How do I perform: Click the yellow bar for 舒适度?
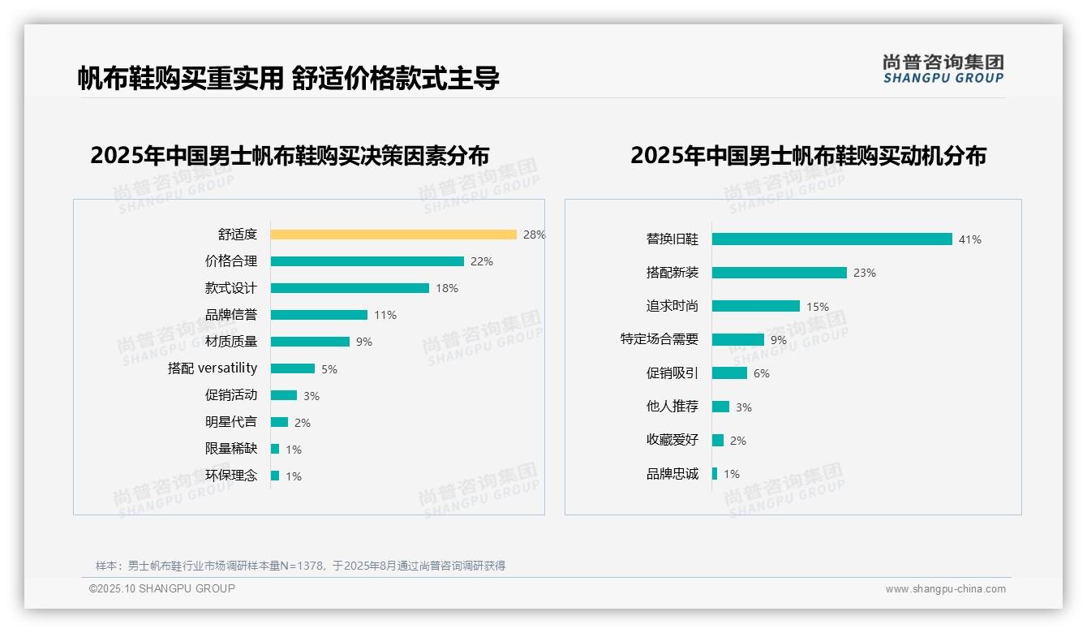[x=393, y=235]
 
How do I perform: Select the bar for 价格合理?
[x=367, y=261]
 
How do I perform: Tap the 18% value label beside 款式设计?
[x=447, y=288]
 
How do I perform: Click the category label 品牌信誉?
[x=231, y=315]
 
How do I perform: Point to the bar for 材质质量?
[x=310, y=342]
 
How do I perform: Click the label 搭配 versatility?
[x=213, y=368]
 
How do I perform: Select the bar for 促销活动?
[x=284, y=395]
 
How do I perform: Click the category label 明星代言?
[x=231, y=422]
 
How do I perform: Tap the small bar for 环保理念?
[x=275, y=476]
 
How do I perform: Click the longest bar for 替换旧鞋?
[x=831, y=239]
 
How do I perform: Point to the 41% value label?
[x=970, y=239]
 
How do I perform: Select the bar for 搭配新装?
[x=779, y=273]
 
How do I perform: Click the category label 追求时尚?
[x=672, y=306]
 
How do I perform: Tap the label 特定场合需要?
[x=660, y=339]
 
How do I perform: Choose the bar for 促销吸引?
[x=729, y=373]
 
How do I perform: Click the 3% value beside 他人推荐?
[x=744, y=407]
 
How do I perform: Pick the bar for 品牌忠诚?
[x=715, y=474]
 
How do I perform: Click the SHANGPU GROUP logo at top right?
[x=943, y=69]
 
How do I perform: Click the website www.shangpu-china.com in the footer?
[x=945, y=589]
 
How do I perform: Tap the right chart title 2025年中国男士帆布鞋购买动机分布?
[x=808, y=156]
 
